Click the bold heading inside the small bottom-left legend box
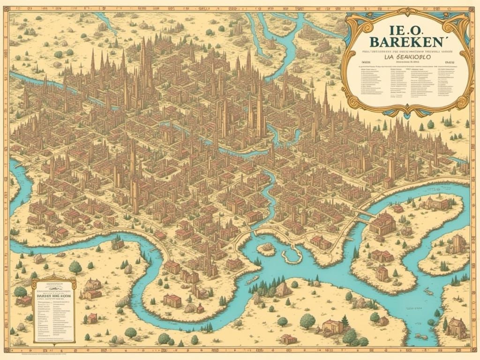point(53,297)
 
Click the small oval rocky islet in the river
point(268,248)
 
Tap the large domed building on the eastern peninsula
point(382,224)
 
